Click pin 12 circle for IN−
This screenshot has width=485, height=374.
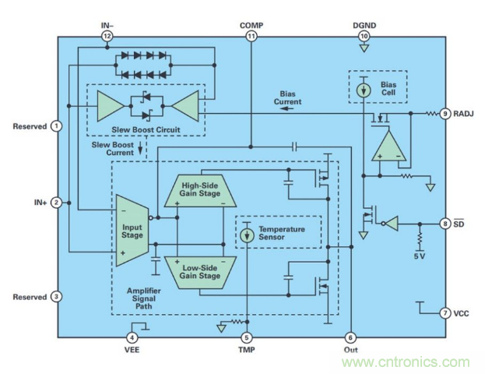click(107, 36)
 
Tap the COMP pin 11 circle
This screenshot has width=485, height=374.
click(251, 36)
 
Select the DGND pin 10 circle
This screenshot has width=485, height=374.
click(364, 36)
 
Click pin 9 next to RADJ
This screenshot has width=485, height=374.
click(445, 112)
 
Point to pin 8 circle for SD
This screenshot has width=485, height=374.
click(445, 224)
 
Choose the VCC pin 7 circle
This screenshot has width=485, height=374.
click(445, 313)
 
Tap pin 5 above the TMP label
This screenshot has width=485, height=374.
click(247, 337)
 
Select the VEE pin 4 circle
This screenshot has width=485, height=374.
click(132, 337)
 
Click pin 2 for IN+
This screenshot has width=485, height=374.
click(56, 203)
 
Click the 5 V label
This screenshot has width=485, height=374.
click(420, 254)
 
